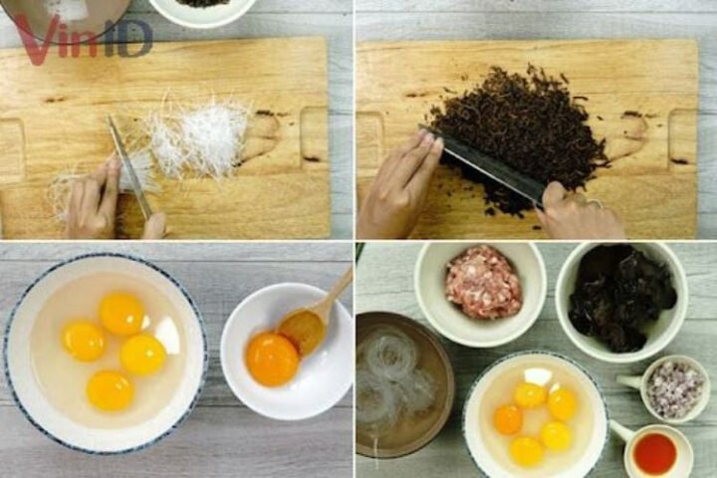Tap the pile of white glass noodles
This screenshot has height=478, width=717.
coord(199,139)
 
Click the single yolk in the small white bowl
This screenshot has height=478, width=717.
coord(271,358)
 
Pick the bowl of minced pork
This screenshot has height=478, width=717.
coord(481,284)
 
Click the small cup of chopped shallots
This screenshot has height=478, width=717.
coord(675,388)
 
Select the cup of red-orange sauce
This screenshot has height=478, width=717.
coord(655,453)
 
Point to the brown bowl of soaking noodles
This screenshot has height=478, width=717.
coord(398,383)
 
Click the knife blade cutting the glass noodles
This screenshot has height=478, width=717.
coord(129,164)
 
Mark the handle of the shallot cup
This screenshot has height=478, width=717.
coord(627,381)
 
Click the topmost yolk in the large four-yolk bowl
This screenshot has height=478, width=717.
coord(122,313)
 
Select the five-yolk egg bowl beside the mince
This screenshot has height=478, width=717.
coord(535,418)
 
